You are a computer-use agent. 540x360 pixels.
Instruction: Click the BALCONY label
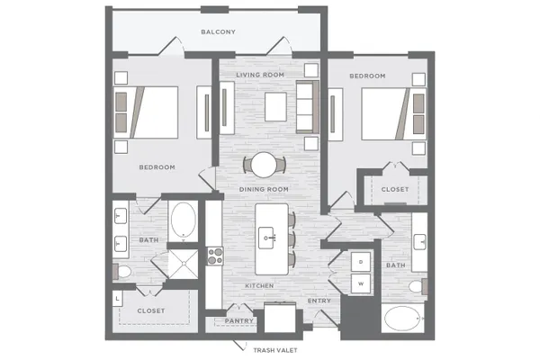218,32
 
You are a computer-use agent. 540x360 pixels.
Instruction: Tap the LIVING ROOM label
260,75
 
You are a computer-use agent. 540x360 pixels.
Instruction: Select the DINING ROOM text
264,189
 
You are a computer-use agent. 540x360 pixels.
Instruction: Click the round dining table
264,165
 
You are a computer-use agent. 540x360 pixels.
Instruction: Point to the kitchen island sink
266,238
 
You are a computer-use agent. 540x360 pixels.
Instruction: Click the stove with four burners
215,256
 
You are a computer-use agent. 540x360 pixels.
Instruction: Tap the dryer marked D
361,262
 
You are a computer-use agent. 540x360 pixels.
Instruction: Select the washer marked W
361,283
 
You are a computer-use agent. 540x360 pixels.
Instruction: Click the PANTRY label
239,320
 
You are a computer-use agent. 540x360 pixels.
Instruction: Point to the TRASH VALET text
275,350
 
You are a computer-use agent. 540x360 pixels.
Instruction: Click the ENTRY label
319,301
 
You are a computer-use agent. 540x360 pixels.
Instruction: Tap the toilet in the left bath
121,272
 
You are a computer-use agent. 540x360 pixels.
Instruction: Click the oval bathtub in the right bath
402,319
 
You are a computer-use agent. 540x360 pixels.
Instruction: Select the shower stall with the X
184,264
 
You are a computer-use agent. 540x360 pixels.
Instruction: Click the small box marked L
117,299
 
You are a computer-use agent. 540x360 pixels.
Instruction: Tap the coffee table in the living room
275,107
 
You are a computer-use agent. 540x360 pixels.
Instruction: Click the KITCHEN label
259,286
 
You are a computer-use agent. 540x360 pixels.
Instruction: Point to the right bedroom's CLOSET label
395,189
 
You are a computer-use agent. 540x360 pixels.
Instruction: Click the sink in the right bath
419,241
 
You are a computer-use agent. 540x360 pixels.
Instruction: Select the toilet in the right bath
418,286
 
